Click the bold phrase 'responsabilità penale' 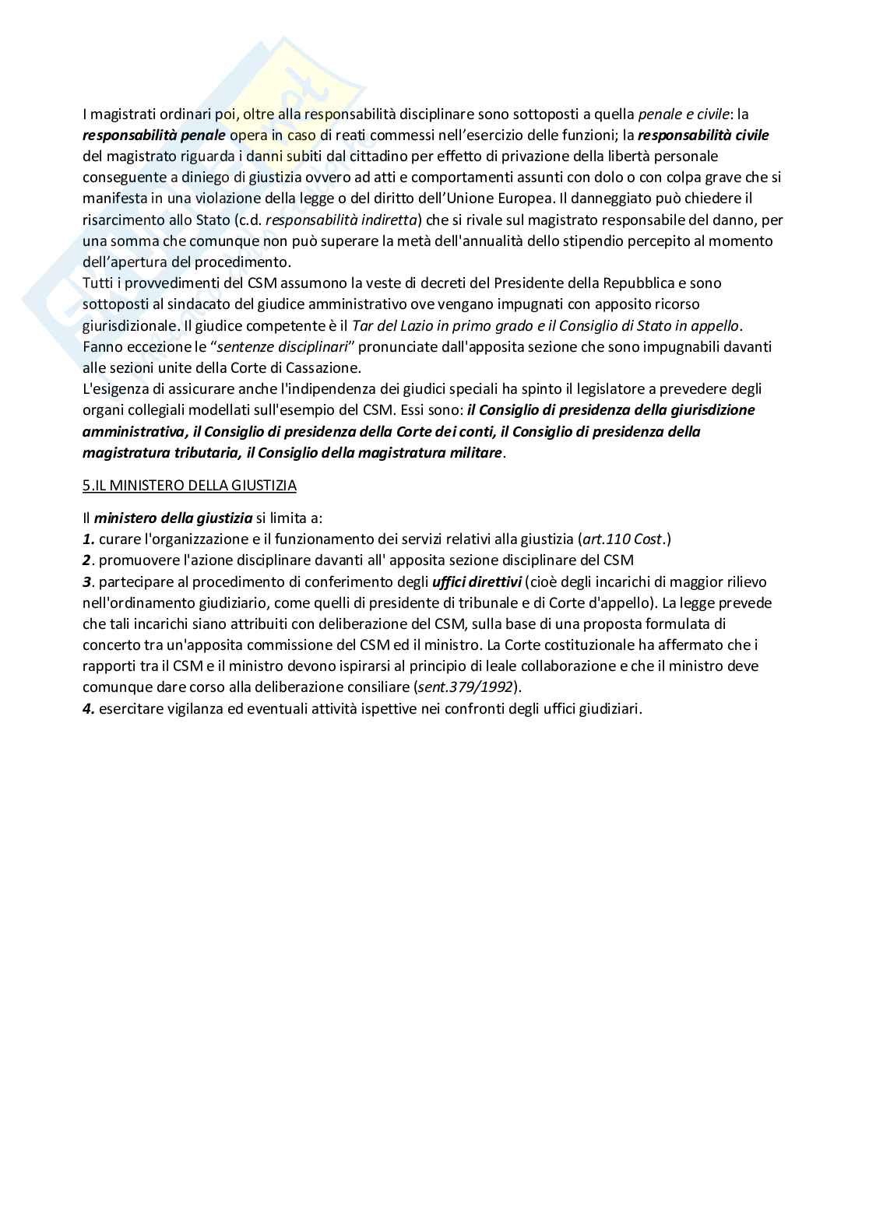tap(154, 135)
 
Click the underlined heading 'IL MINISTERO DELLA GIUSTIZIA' tap(194, 485)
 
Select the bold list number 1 tap(88, 539)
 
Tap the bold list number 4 tap(88, 708)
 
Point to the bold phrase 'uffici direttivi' tap(477, 581)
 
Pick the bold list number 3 tap(87, 581)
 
